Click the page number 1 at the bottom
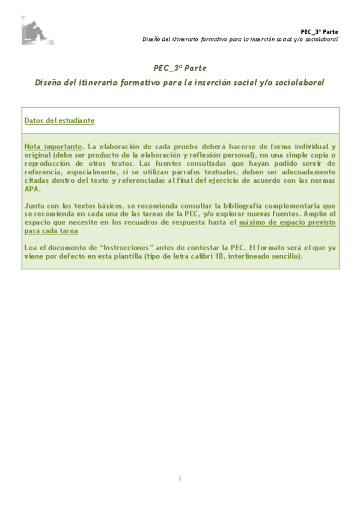pos(180,478)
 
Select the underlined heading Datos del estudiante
pos(59,120)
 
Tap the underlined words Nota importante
pos(52,147)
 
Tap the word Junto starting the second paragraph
pos(35,206)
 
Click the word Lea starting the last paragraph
pos(30,247)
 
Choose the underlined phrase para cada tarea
pos(52,230)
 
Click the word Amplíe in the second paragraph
pos(319,214)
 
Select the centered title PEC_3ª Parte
pos(180,68)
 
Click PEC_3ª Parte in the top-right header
pos(319,31)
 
